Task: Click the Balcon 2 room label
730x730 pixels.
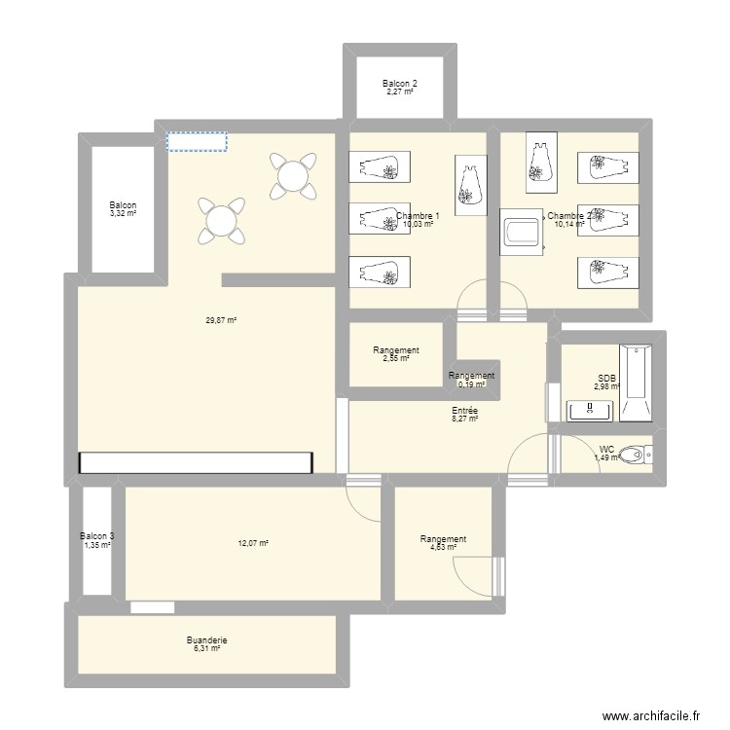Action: (399, 84)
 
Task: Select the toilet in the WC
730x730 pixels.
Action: (635, 454)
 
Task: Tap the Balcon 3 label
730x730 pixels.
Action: (96, 536)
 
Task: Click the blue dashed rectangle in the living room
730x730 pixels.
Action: (197, 142)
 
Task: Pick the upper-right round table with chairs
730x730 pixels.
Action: (292, 175)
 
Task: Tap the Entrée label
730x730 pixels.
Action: (464, 412)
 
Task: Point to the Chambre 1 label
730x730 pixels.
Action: (418, 216)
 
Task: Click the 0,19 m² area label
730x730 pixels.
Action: (471, 383)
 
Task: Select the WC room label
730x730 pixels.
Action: (606, 450)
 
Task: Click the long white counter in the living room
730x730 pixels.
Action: (198, 463)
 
